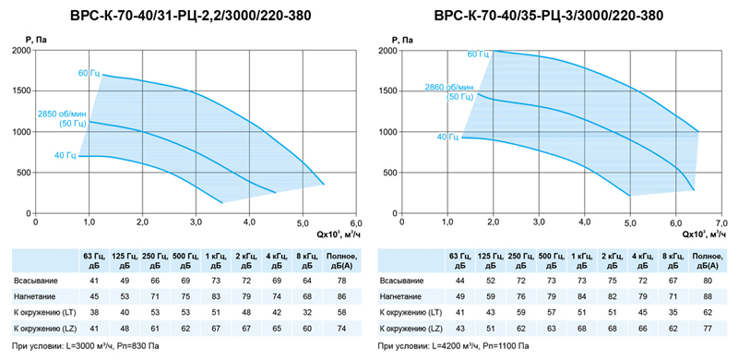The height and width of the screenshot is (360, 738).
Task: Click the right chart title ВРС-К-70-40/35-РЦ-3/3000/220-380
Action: coord(549,17)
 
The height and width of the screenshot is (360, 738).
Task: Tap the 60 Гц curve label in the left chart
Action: coord(89,74)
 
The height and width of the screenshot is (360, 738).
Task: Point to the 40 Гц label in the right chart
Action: coord(447,138)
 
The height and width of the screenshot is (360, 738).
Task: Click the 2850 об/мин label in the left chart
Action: coord(62,114)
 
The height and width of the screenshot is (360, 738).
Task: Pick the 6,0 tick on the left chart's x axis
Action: coord(356,222)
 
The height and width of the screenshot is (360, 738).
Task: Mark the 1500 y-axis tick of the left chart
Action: coord(22,91)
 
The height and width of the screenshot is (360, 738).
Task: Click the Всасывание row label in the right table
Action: coord(400,282)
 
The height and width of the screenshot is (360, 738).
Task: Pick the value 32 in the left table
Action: coord(308,313)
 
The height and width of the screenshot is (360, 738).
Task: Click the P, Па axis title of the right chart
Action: coord(404,40)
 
